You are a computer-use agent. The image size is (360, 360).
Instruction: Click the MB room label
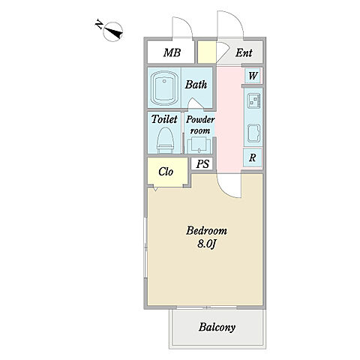(172, 52)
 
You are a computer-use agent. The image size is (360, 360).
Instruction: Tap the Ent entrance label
(244, 52)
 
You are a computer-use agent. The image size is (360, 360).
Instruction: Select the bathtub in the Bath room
(164, 88)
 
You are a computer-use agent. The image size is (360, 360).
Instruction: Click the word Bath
(196, 85)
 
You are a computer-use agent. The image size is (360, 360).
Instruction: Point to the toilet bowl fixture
(165, 140)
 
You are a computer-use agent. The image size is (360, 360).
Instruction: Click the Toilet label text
(164, 119)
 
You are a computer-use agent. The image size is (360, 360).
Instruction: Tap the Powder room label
(200, 124)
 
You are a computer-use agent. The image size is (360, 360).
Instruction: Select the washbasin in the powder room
(199, 145)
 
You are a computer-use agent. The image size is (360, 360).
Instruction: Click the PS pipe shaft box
(202, 164)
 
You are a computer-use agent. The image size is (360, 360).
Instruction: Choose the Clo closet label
(166, 172)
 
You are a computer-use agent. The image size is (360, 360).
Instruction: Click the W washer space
(253, 76)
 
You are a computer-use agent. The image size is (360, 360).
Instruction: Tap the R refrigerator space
(253, 157)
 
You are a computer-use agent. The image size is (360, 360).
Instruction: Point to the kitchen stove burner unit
(253, 100)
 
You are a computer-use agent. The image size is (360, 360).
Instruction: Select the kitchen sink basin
(253, 133)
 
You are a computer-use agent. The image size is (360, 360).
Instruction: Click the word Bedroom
(206, 231)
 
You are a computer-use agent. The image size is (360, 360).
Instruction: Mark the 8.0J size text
(206, 244)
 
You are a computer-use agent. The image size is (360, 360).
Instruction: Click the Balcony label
(217, 327)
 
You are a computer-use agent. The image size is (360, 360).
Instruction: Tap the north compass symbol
(112, 31)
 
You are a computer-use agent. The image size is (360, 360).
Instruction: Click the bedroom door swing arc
(226, 190)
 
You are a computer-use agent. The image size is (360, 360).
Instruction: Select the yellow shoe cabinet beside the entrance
(207, 52)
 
